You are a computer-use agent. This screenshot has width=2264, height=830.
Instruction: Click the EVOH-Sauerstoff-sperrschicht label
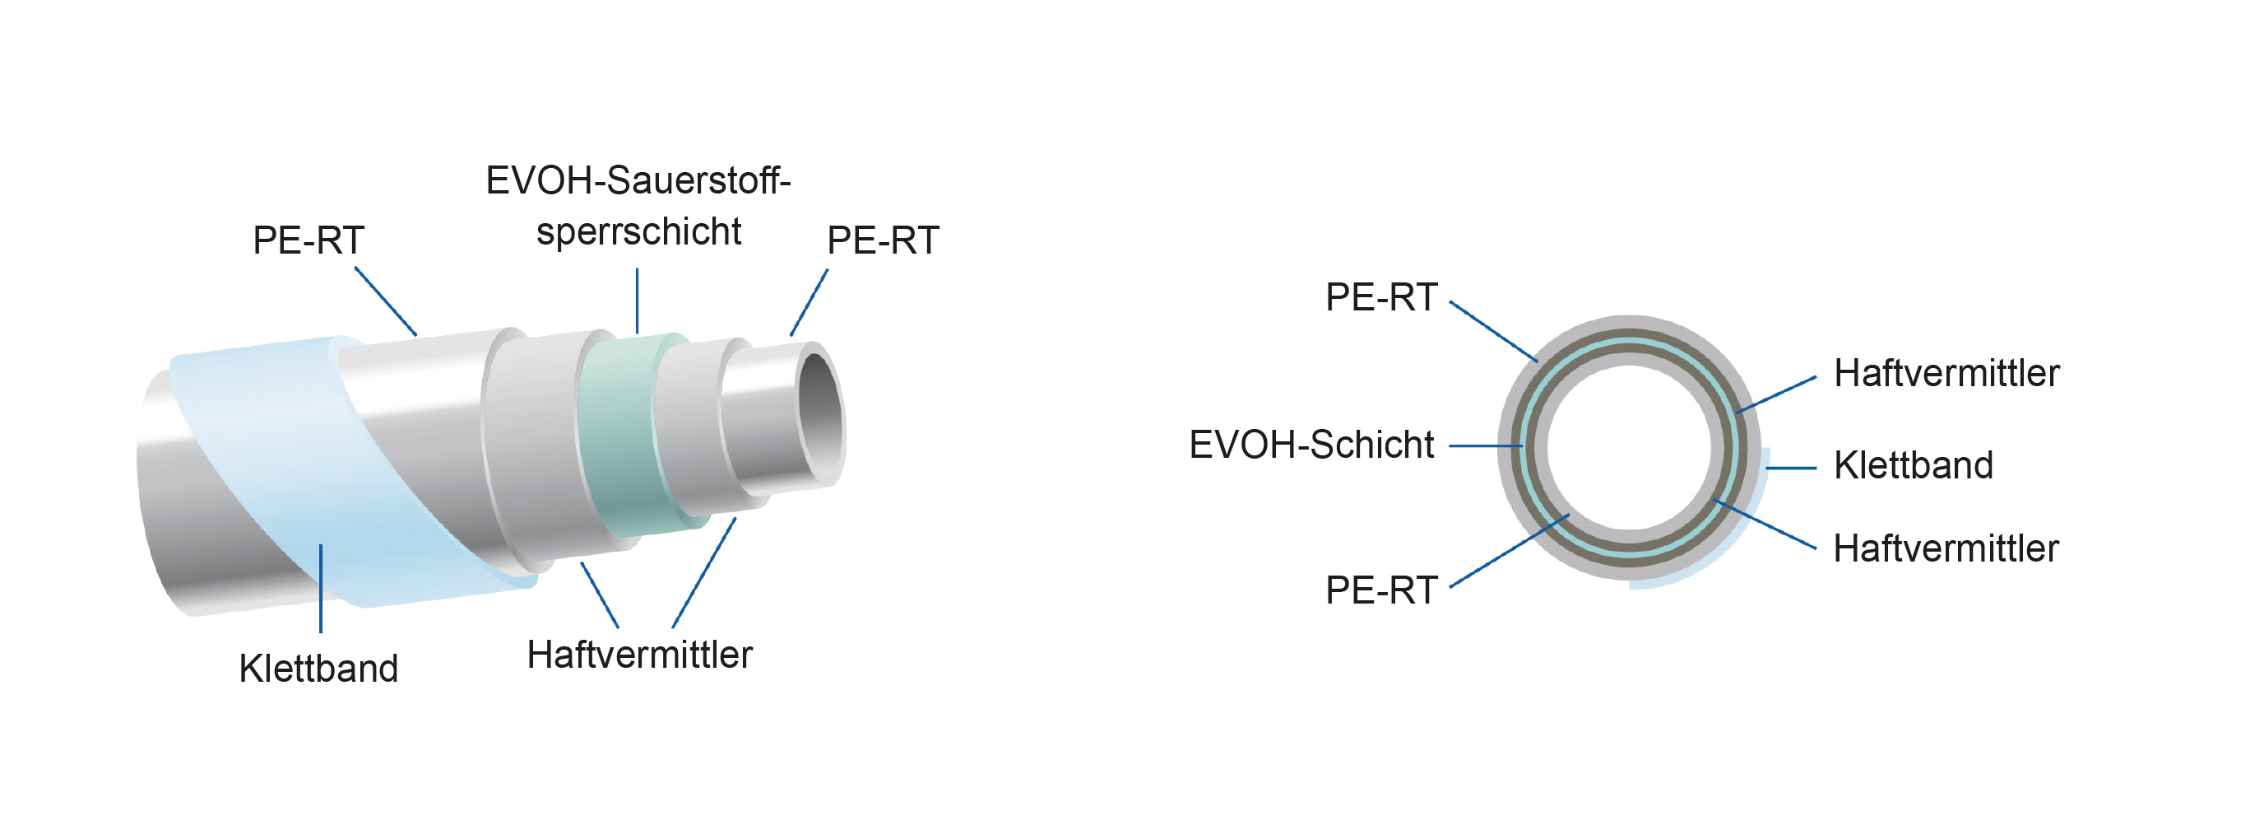[638, 206]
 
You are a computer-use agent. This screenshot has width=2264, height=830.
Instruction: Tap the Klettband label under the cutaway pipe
[318, 669]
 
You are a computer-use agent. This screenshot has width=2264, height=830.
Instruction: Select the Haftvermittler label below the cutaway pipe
[639, 654]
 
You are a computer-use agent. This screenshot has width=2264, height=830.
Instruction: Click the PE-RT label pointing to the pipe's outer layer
[308, 240]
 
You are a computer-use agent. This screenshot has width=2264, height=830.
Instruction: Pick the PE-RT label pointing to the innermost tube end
[883, 240]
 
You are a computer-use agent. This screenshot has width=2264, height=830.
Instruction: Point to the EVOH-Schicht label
[1311, 445]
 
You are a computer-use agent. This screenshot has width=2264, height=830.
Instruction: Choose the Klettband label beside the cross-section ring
[1913, 465]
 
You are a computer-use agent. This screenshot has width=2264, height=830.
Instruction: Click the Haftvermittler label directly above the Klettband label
[1946, 373]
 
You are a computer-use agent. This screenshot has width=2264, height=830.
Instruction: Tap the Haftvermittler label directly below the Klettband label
[1945, 548]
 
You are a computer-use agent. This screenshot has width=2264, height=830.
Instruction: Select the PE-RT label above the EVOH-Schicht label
[1380, 297]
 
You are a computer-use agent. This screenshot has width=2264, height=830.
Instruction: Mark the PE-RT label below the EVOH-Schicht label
[1380, 590]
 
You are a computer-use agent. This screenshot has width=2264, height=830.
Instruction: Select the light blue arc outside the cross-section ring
[1723, 554]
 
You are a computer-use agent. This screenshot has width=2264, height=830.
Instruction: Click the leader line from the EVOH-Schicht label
[1485, 445]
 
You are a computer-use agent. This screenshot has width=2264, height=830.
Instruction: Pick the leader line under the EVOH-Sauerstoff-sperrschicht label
[638, 301]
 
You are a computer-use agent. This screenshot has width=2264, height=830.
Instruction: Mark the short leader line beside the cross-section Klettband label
[1791, 468]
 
